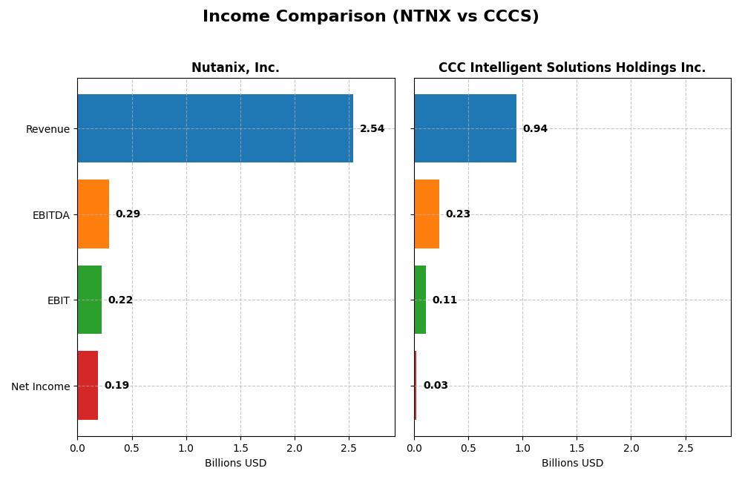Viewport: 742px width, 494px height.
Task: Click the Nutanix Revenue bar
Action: point(215,128)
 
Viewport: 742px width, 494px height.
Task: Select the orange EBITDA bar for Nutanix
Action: point(93,214)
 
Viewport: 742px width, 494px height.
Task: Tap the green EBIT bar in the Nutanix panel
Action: point(89,300)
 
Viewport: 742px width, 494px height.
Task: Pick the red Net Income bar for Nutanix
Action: point(88,385)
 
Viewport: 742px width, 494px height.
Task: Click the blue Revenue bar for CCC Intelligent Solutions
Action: point(465,128)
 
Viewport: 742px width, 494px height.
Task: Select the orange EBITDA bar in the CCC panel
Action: point(427,214)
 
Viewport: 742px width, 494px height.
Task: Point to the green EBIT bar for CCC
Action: point(420,300)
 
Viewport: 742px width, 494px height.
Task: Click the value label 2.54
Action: point(372,129)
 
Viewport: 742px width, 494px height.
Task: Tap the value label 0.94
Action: point(535,129)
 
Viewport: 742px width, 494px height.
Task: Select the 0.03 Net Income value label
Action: point(436,386)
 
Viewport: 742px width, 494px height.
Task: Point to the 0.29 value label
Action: point(128,214)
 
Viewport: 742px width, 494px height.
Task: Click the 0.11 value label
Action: point(444,300)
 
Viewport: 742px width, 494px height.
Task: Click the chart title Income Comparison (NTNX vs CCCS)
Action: point(371,16)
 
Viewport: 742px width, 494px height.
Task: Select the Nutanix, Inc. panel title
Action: point(235,68)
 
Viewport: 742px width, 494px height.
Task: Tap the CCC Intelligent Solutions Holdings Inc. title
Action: point(572,68)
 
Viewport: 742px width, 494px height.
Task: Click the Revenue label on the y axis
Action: point(47,129)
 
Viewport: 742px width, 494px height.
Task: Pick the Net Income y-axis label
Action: point(40,386)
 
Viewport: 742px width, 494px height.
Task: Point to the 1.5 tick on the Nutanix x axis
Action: point(240,448)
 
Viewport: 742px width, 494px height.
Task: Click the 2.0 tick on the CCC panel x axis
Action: point(631,448)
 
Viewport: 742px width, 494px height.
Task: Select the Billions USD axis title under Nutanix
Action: point(235,464)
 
